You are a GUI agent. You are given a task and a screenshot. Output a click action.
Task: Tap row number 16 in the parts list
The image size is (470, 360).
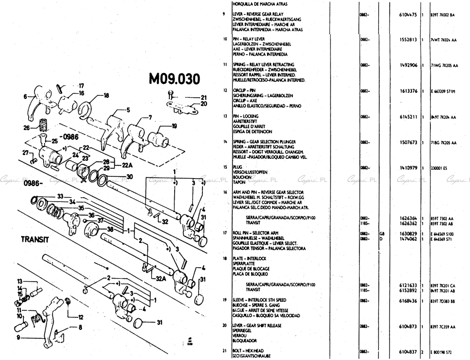click(225, 192)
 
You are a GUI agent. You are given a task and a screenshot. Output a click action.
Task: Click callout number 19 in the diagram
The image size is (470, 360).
click(174, 126)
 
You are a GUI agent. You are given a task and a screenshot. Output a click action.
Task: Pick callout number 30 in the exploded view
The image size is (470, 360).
click(130, 176)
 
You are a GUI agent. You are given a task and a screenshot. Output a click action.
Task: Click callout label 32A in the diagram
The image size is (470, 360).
click(160, 279)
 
